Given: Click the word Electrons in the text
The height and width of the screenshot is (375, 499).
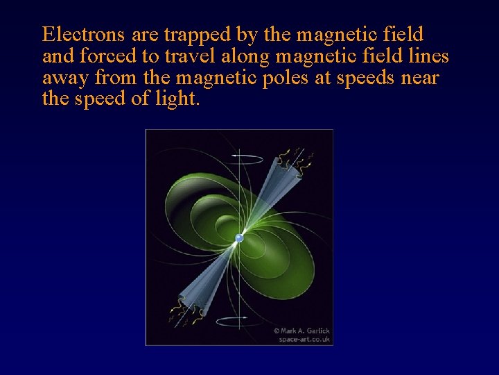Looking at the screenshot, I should coord(83,34).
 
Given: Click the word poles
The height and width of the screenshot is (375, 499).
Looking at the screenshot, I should coord(286,77).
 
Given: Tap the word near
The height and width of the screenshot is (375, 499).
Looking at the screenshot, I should coord(420,77).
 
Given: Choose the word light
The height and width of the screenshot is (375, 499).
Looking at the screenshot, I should coord(178,99).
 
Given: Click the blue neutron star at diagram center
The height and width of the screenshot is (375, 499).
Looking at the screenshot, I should coord(239,237).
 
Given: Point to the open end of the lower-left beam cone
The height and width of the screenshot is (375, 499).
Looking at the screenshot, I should coord(182,310).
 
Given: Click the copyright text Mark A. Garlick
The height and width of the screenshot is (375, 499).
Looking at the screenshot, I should coord(302,331).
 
